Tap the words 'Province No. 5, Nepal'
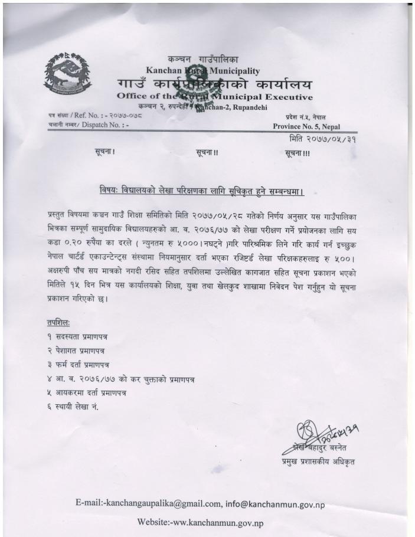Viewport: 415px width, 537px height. (306, 126)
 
